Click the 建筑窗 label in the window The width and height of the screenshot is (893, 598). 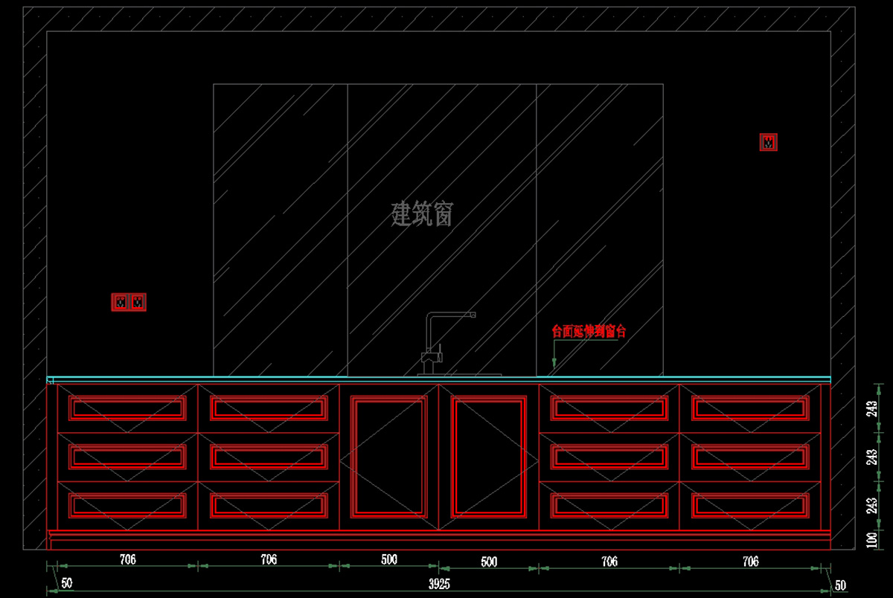(422, 216)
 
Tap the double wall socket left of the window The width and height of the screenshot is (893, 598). (129, 302)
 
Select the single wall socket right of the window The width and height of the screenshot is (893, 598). (769, 142)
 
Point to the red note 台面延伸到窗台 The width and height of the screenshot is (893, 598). (589, 332)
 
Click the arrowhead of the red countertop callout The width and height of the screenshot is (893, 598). (553, 370)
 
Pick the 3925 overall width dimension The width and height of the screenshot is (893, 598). (440, 585)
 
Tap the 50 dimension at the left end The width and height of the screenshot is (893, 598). (67, 584)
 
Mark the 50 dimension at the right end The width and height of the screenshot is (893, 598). (840, 585)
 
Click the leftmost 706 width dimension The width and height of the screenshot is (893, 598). (128, 559)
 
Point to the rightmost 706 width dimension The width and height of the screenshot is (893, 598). (750, 561)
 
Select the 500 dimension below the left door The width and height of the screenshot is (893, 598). (389, 559)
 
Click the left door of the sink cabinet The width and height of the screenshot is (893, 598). (389, 456)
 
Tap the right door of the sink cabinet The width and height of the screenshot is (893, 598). (489, 456)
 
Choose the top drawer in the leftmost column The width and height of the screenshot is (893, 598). (127, 408)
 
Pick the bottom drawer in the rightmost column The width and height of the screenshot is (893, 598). (750, 506)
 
